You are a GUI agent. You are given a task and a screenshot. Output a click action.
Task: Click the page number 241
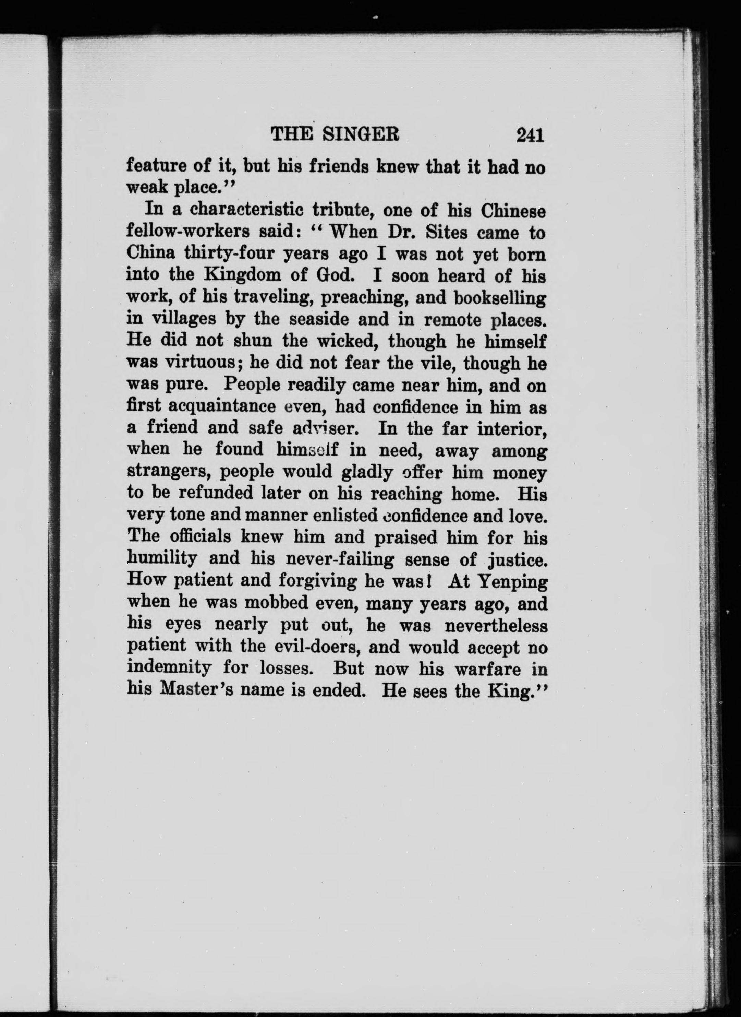tap(530, 135)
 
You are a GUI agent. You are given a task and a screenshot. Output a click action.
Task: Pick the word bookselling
tap(500, 298)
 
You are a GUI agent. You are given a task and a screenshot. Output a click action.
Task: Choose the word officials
tap(201, 537)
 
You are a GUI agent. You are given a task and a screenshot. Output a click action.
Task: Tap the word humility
tap(162, 559)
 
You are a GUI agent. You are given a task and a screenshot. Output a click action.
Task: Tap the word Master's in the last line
tap(196, 690)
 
